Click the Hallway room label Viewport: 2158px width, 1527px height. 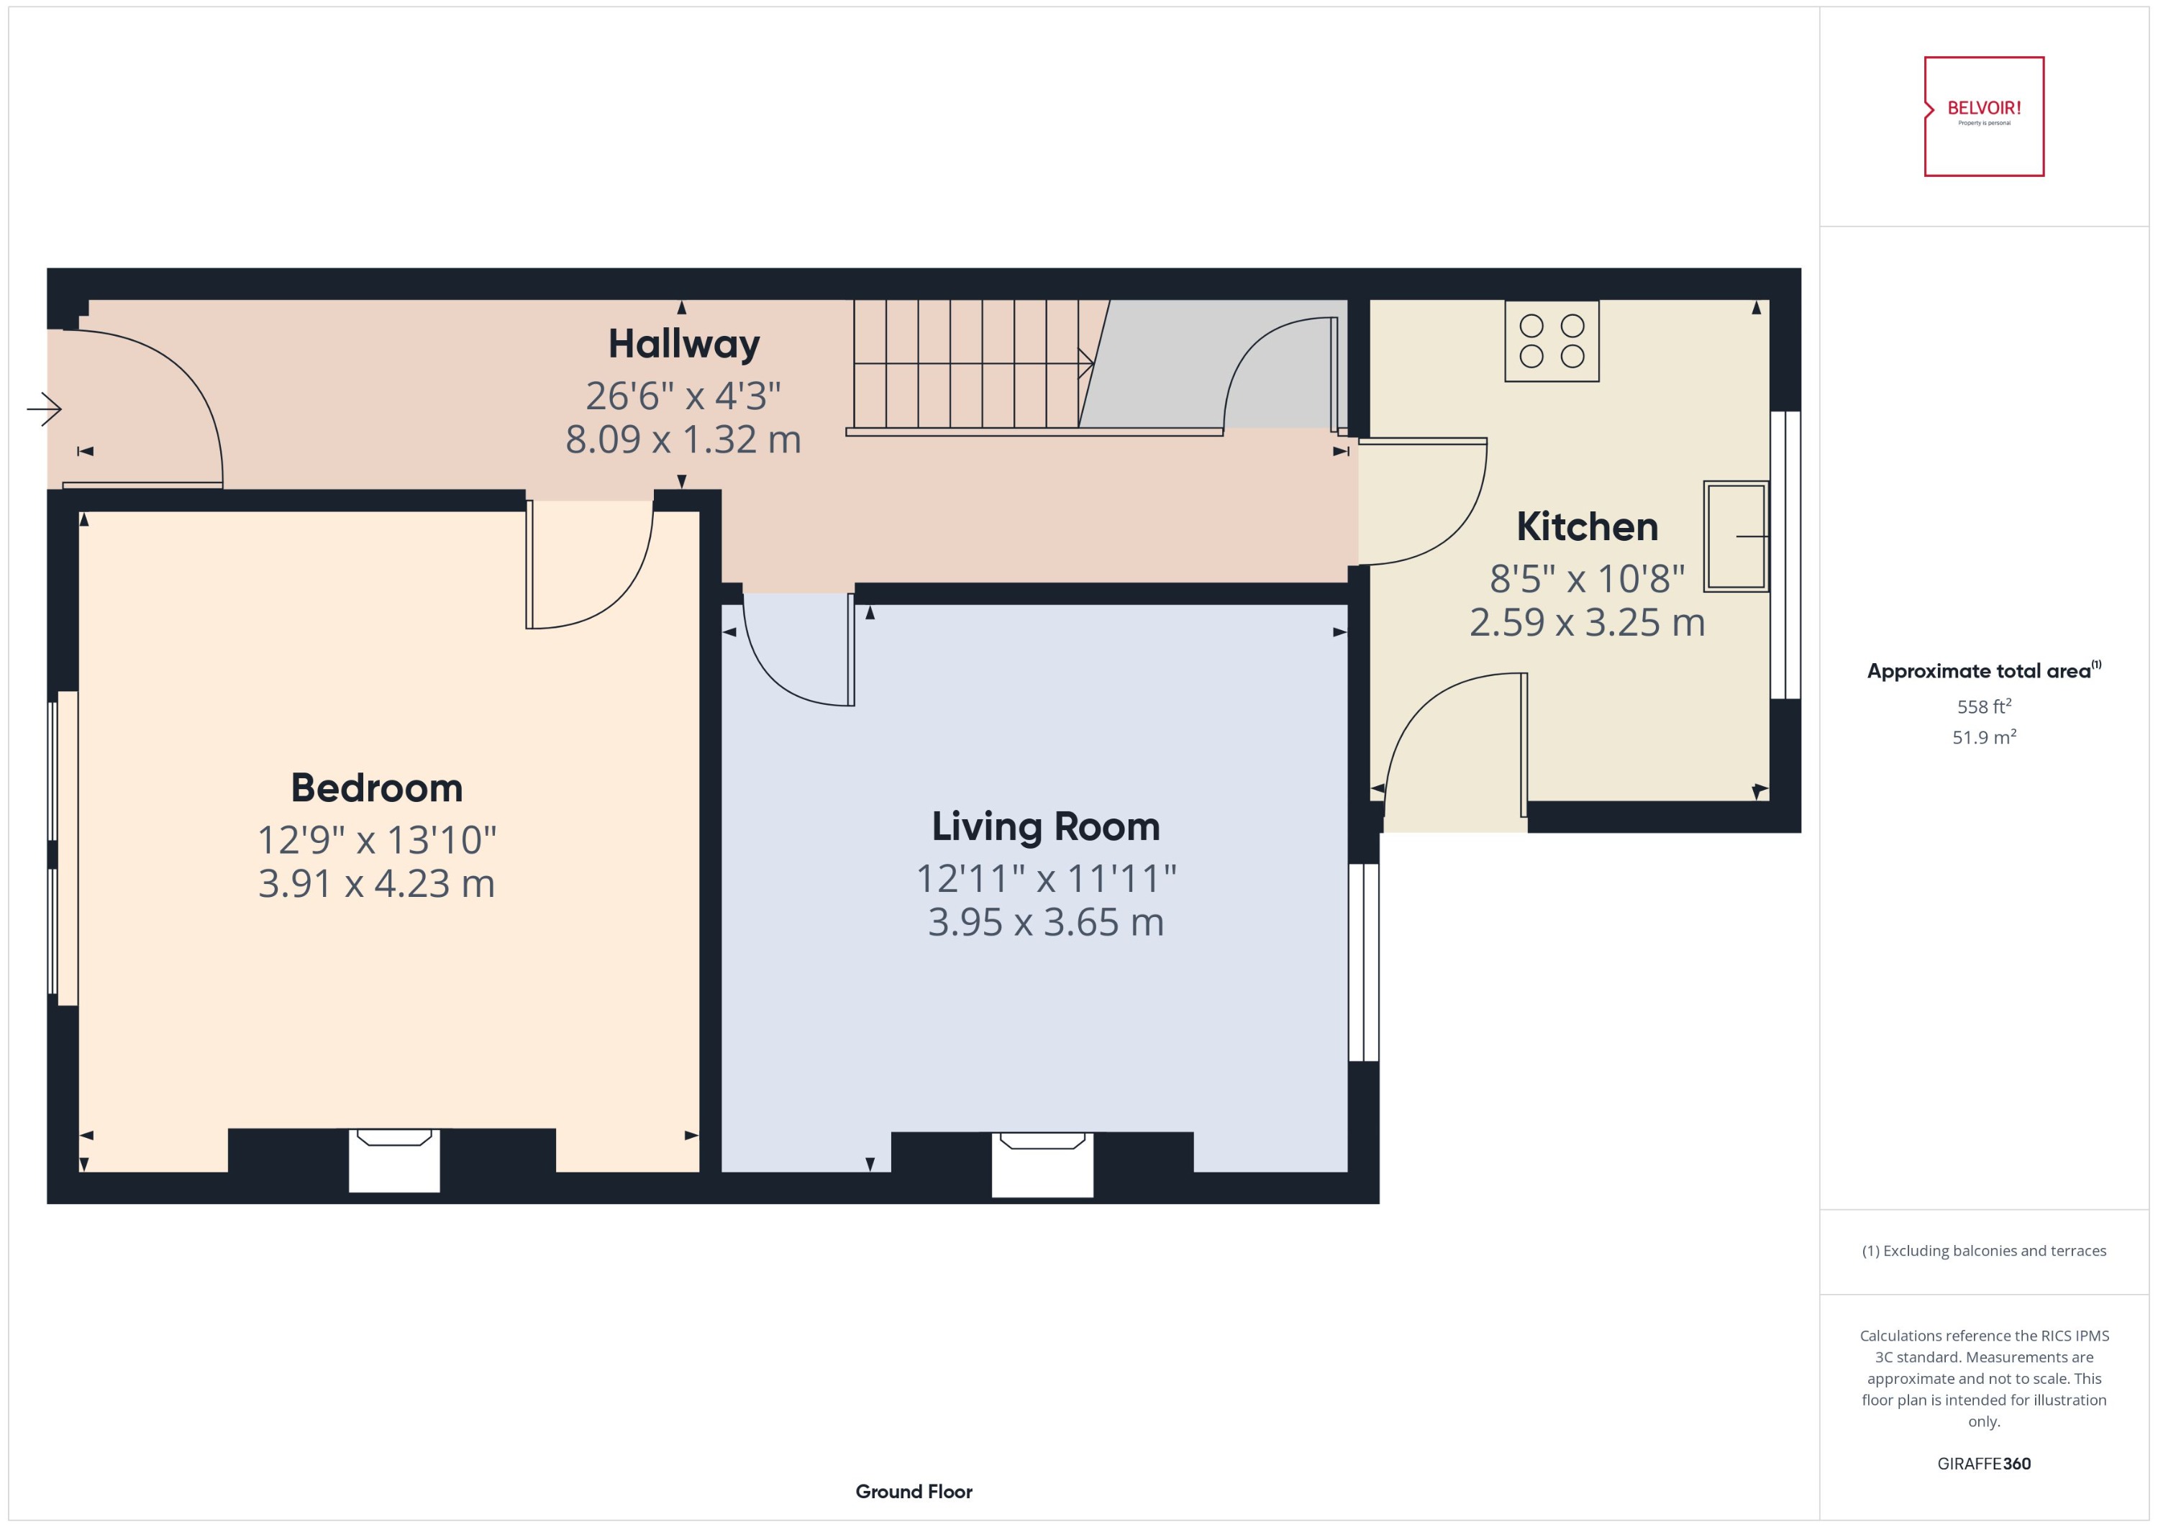pos(683,344)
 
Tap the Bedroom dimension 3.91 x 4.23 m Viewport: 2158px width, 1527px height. pos(376,884)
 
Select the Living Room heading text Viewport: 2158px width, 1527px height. pos(1046,826)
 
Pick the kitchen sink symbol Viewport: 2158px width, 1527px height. pos(1735,536)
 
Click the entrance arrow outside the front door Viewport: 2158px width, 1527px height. pos(44,409)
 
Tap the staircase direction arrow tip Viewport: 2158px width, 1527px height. pos(1090,363)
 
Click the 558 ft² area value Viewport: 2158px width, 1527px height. pos(1983,706)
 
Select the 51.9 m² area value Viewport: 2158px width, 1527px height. pos(1983,737)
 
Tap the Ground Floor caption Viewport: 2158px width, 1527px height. pos(913,1491)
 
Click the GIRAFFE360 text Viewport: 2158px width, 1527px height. pos(1983,1464)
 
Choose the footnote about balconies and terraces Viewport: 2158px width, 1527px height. pos(1983,1251)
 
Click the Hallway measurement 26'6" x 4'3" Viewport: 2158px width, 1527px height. pos(683,396)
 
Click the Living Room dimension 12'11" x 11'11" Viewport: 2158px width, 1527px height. pos(1046,879)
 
